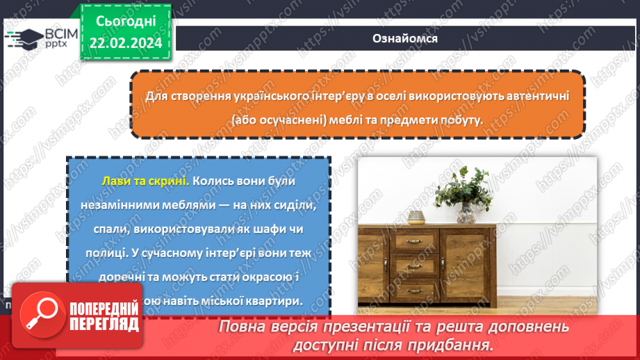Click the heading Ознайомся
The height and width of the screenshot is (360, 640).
coord(404,38)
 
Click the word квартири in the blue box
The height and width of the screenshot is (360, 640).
coord(277,302)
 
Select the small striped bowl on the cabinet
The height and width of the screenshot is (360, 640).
coord(416,218)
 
